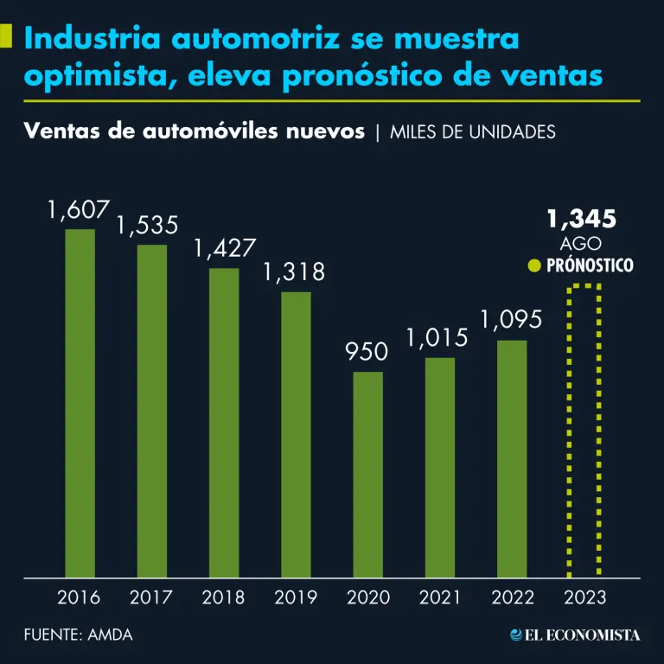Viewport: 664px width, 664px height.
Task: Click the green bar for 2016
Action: (x=80, y=403)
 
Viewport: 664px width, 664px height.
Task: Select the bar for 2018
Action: (x=224, y=423)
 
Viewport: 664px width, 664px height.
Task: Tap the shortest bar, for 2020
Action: (x=368, y=475)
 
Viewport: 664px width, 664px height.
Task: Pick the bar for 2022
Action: (x=512, y=458)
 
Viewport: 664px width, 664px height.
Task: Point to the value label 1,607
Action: (x=80, y=210)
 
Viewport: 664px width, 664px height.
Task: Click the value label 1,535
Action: (x=148, y=227)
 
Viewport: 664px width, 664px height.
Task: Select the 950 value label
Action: (x=367, y=352)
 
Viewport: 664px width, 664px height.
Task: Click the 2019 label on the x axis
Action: (x=296, y=597)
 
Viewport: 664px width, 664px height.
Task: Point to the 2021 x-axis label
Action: (x=440, y=597)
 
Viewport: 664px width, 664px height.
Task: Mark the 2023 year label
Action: (x=584, y=597)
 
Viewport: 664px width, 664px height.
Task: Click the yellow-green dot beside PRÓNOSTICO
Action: (x=534, y=265)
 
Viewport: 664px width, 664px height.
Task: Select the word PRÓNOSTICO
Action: (x=591, y=265)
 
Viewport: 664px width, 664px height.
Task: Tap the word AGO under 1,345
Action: (x=581, y=244)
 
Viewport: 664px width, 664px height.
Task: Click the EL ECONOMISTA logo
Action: (x=575, y=635)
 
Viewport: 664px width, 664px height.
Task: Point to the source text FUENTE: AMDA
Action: (x=78, y=635)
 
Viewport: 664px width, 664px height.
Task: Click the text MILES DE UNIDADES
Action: (x=473, y=132)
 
